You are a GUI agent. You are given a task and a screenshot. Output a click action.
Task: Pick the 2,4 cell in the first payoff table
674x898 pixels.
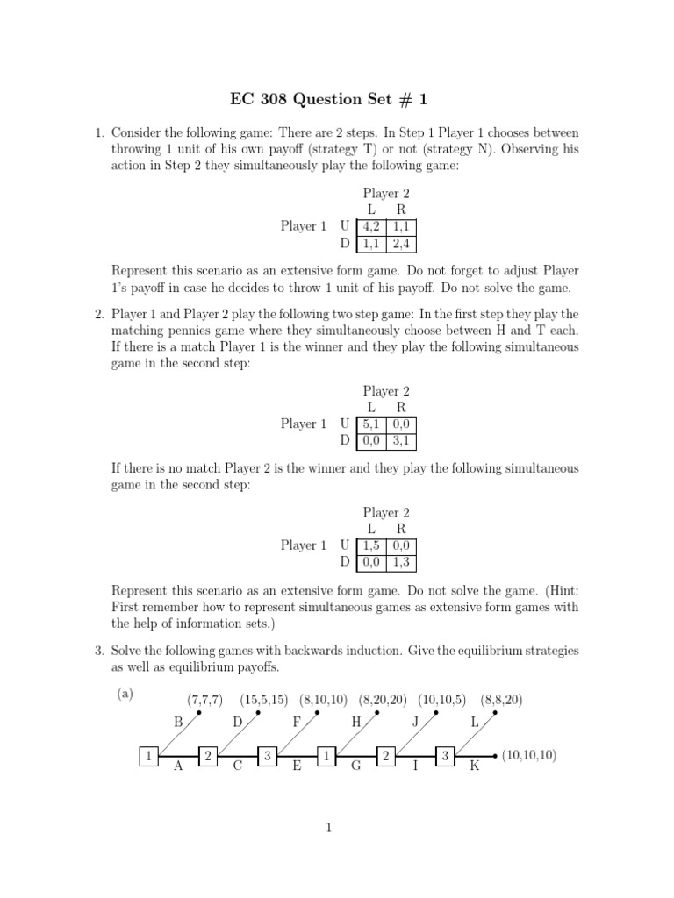[x=401, y=243]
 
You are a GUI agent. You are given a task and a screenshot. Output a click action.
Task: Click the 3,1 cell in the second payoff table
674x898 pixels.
[x=401, y=440]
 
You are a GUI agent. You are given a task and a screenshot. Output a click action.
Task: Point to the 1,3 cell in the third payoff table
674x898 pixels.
[x=401, y=561]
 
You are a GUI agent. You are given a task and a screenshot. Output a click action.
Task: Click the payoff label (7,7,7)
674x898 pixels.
[x=204, y=700]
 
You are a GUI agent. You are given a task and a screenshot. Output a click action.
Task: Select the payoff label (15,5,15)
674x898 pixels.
[x=263, y=700]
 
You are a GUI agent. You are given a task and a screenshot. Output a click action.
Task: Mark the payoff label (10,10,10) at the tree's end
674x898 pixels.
[x=529, y=755]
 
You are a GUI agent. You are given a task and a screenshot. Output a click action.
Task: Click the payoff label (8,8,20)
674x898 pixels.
[x=501, y=700]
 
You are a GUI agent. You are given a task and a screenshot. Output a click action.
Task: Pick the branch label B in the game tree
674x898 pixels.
[x=178, y=723]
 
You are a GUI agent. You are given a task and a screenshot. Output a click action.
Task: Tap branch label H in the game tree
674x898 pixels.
[x=356, y=723]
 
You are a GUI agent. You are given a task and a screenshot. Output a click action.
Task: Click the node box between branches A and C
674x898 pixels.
[x=208, y=756]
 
